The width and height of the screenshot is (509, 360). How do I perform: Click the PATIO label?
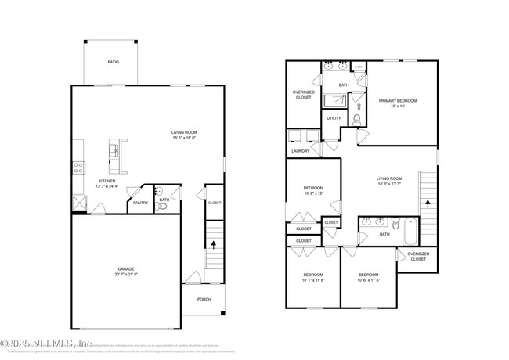coord(113,61)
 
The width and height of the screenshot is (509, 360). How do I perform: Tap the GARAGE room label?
coord(126,271)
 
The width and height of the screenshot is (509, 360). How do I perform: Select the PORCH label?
coord(204,299)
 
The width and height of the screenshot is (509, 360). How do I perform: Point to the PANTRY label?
coord(140,203)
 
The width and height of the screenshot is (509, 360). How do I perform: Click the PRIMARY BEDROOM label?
coord(397,100)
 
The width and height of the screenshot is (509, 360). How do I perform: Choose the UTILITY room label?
coord(334,118)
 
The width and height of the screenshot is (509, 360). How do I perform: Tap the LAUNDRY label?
coord(300,151)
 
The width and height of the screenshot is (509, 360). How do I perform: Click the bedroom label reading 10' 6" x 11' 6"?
coord(369,279)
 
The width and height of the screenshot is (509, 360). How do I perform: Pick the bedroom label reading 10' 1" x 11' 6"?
coord(313,279)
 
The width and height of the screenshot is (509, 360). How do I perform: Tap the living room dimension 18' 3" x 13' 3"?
coord(389,185)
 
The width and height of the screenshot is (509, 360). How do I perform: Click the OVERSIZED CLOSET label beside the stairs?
coord(418,256)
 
